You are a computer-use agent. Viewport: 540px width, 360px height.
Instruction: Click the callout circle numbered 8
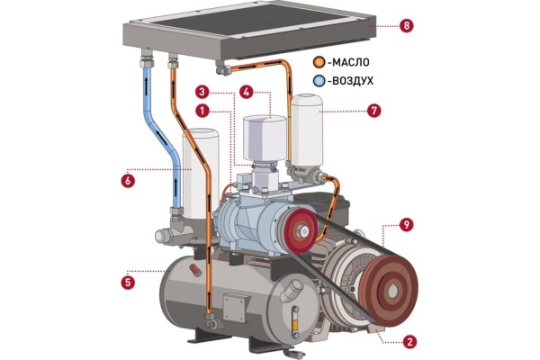(407, 26)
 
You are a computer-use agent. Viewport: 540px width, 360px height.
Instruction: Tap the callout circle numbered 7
(374, 111)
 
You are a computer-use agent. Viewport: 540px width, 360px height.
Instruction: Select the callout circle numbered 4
(247, 92)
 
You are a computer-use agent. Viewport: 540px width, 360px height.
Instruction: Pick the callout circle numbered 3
(202, 92)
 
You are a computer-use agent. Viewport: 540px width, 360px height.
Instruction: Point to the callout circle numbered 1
(202, 111)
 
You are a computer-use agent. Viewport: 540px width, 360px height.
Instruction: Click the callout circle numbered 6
(128, 180)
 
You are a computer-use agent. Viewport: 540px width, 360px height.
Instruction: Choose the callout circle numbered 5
(128, 283)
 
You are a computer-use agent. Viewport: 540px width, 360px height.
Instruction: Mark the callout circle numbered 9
(407, 225)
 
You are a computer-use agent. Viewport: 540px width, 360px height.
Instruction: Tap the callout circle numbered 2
(409, 342)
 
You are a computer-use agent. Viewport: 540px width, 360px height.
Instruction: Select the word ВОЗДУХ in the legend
(352, 81)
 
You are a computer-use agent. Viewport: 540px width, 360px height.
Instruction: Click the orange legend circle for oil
(319, 62)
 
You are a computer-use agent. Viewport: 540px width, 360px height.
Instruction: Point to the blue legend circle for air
(319, 81)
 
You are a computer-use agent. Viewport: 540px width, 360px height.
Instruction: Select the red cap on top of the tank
(195, 270)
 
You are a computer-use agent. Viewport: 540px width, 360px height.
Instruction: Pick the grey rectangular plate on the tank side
(234, 308)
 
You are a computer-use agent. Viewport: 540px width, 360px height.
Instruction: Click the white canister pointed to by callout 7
(307, 131)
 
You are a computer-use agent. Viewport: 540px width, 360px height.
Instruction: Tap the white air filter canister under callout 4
(265, 138)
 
